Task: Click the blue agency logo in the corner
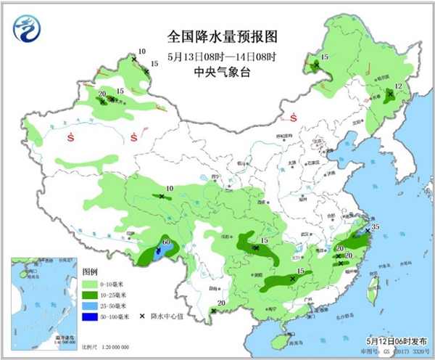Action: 27,31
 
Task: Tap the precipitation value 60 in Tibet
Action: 166,241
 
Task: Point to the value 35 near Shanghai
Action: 376,227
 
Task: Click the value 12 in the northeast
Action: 398,86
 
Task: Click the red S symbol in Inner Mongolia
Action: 294,118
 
